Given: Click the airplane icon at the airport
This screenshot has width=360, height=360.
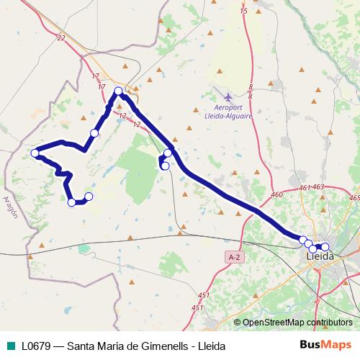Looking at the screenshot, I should (x=228, y=97).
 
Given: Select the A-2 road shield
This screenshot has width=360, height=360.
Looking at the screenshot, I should (x=233, y=256).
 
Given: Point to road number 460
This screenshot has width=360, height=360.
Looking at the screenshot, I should (x=277, y=194).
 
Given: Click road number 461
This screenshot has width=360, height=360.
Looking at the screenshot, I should (x=304, y=188).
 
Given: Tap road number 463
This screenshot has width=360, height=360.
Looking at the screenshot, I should (x=319, y=187).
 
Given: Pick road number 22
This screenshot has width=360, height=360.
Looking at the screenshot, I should (x=60, y=37).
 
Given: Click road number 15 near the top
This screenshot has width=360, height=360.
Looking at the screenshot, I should (x=243, y=11).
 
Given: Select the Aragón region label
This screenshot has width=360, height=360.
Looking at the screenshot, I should (x=9, y=208).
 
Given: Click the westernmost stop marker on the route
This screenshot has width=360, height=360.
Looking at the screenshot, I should (x=35, y=153).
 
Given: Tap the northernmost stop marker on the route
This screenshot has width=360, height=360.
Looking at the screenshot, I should (x=119, y=91).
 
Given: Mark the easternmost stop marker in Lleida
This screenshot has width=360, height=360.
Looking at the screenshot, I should (x=325, y=247).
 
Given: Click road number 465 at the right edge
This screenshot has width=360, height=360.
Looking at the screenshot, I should (x=354, y=197).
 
